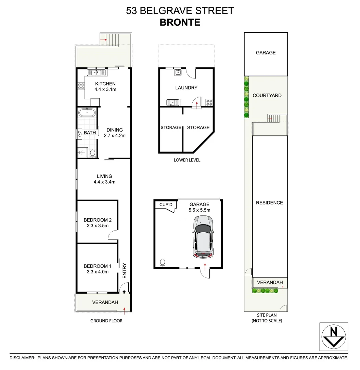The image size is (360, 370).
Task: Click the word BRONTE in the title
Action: tap(180, 22)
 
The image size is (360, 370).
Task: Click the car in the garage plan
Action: tap(203, 236)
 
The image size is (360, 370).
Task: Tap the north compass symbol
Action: tap(333, 336)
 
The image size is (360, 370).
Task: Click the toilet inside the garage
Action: tap(163, 262)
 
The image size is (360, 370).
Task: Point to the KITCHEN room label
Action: tap(105, 84)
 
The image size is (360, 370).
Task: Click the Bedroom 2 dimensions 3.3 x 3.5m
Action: tap(98, 226)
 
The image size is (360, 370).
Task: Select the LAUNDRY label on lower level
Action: tap(186, 88)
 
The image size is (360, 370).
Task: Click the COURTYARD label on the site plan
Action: tap(267, 95)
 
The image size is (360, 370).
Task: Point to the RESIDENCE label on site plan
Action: tap(269, 202)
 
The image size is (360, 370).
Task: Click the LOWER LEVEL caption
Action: tap(187, 160)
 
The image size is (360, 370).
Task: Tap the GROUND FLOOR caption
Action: tap(106, 321)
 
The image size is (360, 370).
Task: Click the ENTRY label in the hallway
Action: tap(124, 270)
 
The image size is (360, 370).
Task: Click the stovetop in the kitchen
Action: tap(81, 86)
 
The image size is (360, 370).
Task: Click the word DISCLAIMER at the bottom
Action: tap(22, 358)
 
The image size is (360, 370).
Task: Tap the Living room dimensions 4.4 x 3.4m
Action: tap(104, 182)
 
